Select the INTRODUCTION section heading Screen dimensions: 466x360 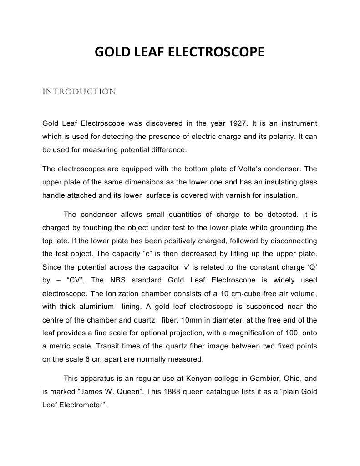click(79, 92)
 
